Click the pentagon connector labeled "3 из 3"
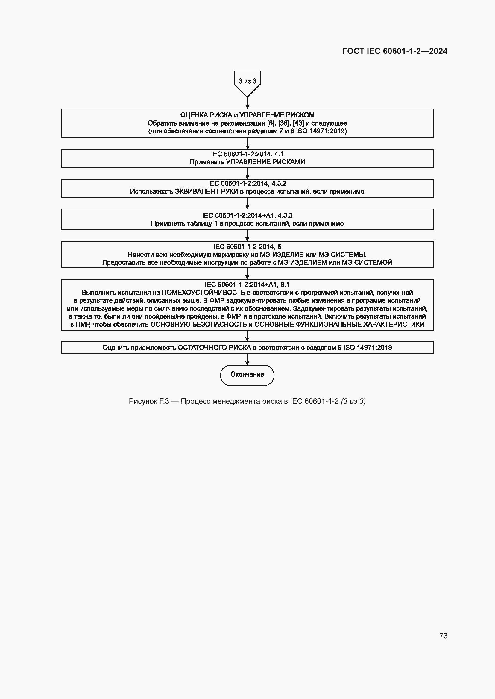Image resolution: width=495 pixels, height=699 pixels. click(x=247, y=82)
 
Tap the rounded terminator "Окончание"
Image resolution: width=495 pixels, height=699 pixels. click(x=247, y=375)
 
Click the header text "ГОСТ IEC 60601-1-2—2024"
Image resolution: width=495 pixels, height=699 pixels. click(x=395, y=51)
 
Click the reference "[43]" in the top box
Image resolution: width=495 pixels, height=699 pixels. click(x=298, y=123)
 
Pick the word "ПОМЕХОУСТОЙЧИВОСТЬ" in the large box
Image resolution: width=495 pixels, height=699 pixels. click(x=203, y=293)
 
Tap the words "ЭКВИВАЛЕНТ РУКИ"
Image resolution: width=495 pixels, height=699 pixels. click(x=206, y=192)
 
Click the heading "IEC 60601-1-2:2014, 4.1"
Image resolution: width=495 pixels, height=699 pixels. click(x=247, y=154)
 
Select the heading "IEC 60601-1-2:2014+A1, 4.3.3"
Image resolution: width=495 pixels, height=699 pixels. click(x=247, y=215)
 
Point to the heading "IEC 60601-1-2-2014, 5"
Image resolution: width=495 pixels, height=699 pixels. click(x=247, y=247)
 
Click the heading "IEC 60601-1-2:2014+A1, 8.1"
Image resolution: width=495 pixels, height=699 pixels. click(x=247, y=285)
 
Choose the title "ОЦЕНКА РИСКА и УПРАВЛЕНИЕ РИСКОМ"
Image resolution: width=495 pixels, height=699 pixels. click(x=247, y=115)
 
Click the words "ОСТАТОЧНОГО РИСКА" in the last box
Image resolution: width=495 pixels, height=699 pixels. click(x=214, y=348)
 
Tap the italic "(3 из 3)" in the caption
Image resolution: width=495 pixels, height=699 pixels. click(x=353, y=401)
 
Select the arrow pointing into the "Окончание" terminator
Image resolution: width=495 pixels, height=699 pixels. click(x=247, y=360)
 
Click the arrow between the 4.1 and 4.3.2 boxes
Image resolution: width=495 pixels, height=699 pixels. click(x=247, y=174)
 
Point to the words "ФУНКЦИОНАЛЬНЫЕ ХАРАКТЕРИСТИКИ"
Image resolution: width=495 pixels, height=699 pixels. click(x=360, y=325)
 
